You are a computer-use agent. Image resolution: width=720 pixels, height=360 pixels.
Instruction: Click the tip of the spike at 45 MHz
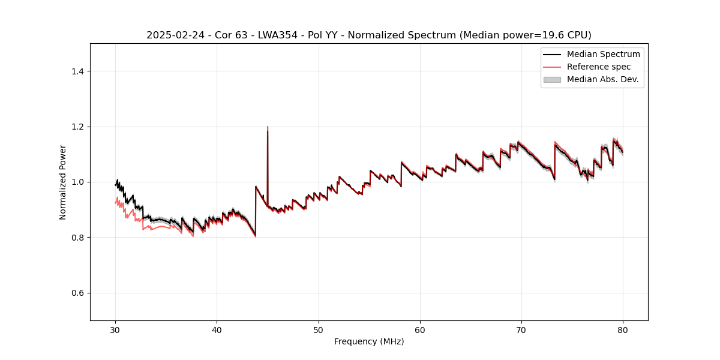(268, 127)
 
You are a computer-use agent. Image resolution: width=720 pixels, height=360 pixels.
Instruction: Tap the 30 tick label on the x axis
(116, 330)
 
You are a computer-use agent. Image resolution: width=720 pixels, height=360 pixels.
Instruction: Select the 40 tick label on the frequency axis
(217, 330)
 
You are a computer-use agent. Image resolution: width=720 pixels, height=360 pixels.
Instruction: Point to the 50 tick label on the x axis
(319, 330)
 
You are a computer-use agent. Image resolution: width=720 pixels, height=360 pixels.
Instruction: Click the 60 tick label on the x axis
(420, 330)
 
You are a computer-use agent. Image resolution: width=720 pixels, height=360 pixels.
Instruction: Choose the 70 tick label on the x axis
(521, 330)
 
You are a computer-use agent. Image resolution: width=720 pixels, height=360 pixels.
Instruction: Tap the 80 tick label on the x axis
(623, 330)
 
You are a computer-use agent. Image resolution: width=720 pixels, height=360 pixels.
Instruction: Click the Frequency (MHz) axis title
(369, 341)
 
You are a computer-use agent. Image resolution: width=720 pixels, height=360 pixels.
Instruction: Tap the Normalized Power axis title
(63, 182)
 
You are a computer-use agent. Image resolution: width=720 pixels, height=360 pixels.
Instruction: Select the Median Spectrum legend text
(603, 54)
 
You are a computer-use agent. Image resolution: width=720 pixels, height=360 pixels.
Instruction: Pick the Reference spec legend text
(599, 67)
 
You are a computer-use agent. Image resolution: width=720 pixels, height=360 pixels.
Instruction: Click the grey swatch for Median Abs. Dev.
(552, 79)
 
